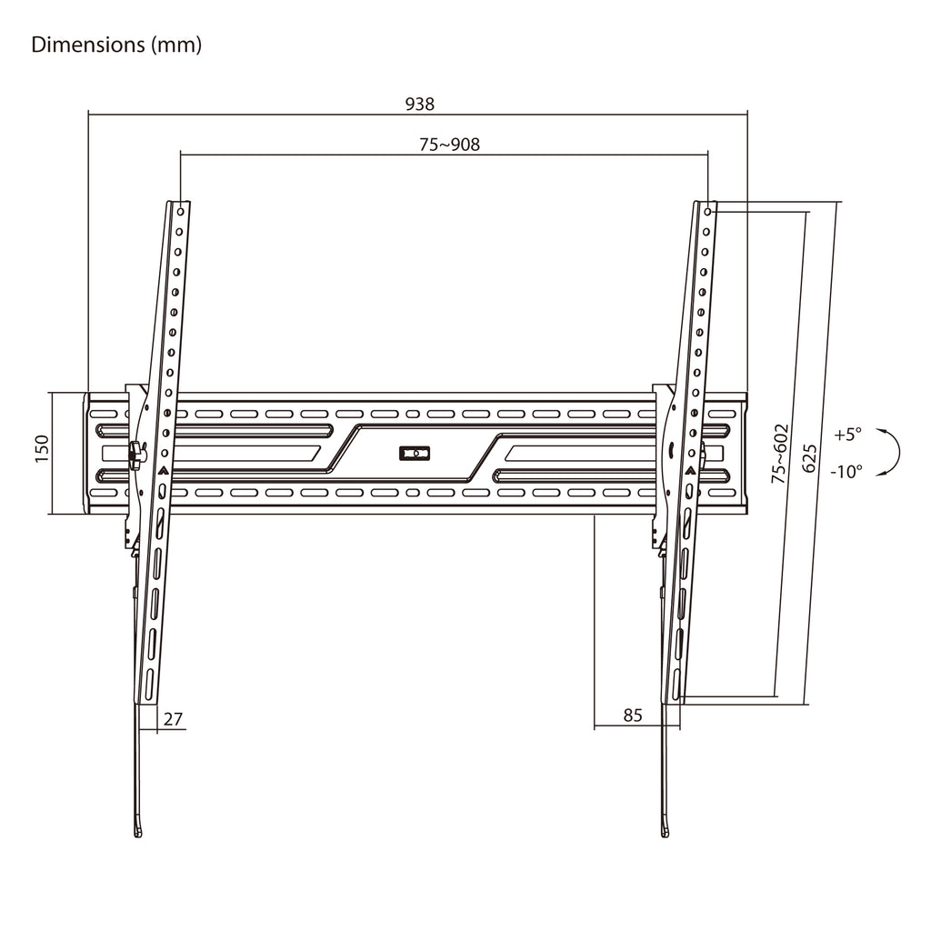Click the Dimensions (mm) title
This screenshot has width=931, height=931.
[x=116, y=45]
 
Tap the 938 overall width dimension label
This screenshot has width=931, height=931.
[x=420, y=105]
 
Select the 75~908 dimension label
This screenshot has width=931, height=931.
[x=449, y=145]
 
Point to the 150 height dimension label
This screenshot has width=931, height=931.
[x=41, y=449]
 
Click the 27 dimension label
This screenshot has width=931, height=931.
[x=173, y=719]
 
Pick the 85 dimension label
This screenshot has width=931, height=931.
[x=633, y=715]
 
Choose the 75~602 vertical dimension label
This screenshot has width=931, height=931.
[x=779, y=453]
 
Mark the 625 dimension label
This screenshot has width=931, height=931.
[x=809, y=458]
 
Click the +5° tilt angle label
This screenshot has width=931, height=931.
[x=847, y=434]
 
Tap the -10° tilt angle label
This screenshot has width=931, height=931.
[x=846, y=472]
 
